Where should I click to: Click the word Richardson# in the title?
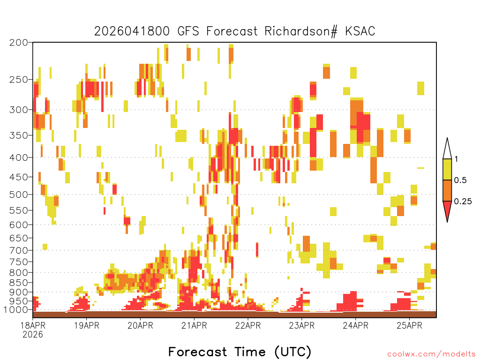tap(301, 31)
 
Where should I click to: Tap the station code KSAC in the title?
tap(360, 31)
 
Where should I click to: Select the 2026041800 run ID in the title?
tap(132, 31)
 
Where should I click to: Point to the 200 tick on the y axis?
tap(18, 43)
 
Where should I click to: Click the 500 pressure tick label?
tap(18, 195)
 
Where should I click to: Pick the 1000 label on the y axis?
tap(15, 310)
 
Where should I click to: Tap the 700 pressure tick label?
tap(18, 250)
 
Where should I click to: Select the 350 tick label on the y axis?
tap(18, 135)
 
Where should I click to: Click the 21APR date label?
tap(194, 325)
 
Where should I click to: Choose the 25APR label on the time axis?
tap(409, 325)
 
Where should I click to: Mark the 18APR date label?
tap(33, 325)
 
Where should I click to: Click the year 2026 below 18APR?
tap(33, 335)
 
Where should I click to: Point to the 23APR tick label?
tap(301, 325)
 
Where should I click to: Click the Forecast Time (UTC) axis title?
tap(240, 352)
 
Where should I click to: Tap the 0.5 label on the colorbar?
tap(460, 180)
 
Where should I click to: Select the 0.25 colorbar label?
tap(463, 202)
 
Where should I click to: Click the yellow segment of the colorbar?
tap(447, 170)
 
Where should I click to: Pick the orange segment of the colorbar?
tap(447, 190)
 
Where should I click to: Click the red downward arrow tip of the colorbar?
tap(447, 222)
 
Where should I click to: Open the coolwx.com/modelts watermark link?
tap(431, 354)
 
